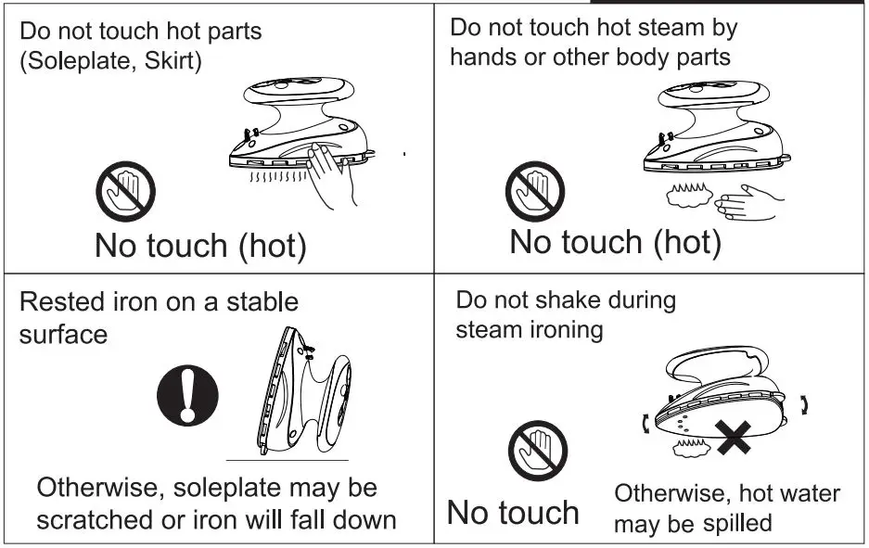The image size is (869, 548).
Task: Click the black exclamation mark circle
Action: point(187,395)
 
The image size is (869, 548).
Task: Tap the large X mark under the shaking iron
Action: point(733,438)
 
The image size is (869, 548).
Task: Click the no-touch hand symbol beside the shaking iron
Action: point(538,451)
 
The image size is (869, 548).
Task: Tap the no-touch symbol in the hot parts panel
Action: point(126,191)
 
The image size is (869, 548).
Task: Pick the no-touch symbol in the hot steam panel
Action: point(535,191)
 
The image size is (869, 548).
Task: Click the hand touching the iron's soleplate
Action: point(331,175)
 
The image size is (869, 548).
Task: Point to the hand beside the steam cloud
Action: point(749,203)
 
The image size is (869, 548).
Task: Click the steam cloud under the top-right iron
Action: point(689,195)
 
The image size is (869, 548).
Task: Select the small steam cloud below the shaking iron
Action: point(691,448)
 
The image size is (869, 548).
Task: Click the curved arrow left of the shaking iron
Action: point(645,424)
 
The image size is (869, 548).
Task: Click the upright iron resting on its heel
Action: point(303,391)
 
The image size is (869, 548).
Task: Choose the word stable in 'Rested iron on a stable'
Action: point(262,302)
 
